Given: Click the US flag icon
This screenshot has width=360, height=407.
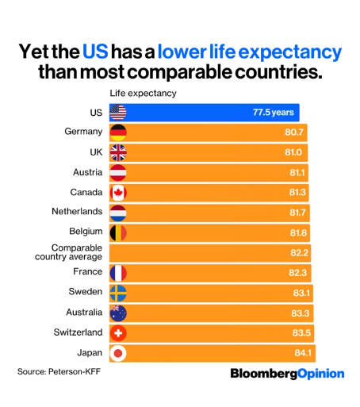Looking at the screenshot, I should click(x=118, y=113).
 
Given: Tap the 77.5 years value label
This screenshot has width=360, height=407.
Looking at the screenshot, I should click(x=274, y=113).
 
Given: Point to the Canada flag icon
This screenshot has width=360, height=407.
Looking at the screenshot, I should click(x=118, y=193).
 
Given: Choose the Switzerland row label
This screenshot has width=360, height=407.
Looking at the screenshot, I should click(x=78, y=332).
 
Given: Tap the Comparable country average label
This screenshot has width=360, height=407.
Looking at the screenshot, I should click(x=69, y=252).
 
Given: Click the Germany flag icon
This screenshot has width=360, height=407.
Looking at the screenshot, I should click(x=118, y=132).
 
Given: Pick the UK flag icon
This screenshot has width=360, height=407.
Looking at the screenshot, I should click(x=118, y=152).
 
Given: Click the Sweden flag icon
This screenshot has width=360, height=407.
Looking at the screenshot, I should click(x=118, y=293).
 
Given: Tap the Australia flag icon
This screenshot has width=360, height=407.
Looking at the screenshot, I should click(x=118, y=313).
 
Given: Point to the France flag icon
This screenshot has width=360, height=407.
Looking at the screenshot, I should click(x=118, y=273).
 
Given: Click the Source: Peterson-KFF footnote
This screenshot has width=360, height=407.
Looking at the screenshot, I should click(x=61, y=371).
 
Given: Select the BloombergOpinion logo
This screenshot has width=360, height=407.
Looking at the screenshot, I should click(x=287, y=373).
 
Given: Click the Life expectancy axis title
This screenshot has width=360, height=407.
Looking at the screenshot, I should click(x=143, y=93).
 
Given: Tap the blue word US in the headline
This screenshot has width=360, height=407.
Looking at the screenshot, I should click(x=94, y=53).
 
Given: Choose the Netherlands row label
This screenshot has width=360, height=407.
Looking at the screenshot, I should click(x=76, y=212).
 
